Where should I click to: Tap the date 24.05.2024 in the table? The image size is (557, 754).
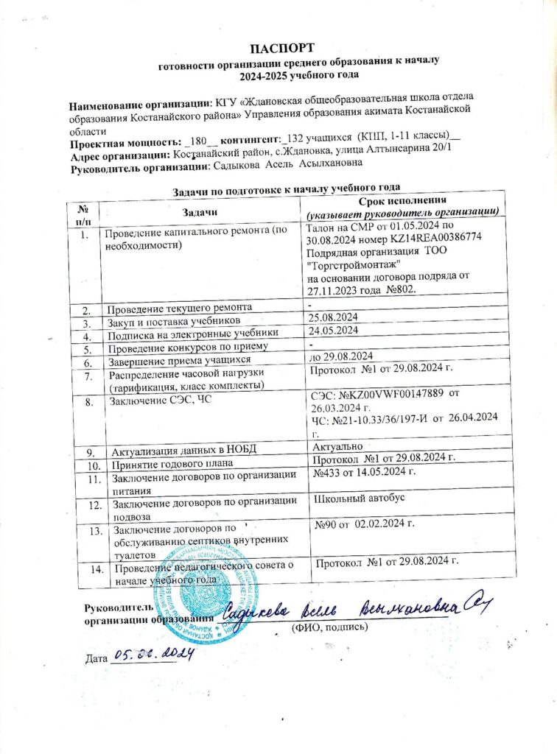tap(332, 333)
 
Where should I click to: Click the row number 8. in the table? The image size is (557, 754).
tap(89, 403)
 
